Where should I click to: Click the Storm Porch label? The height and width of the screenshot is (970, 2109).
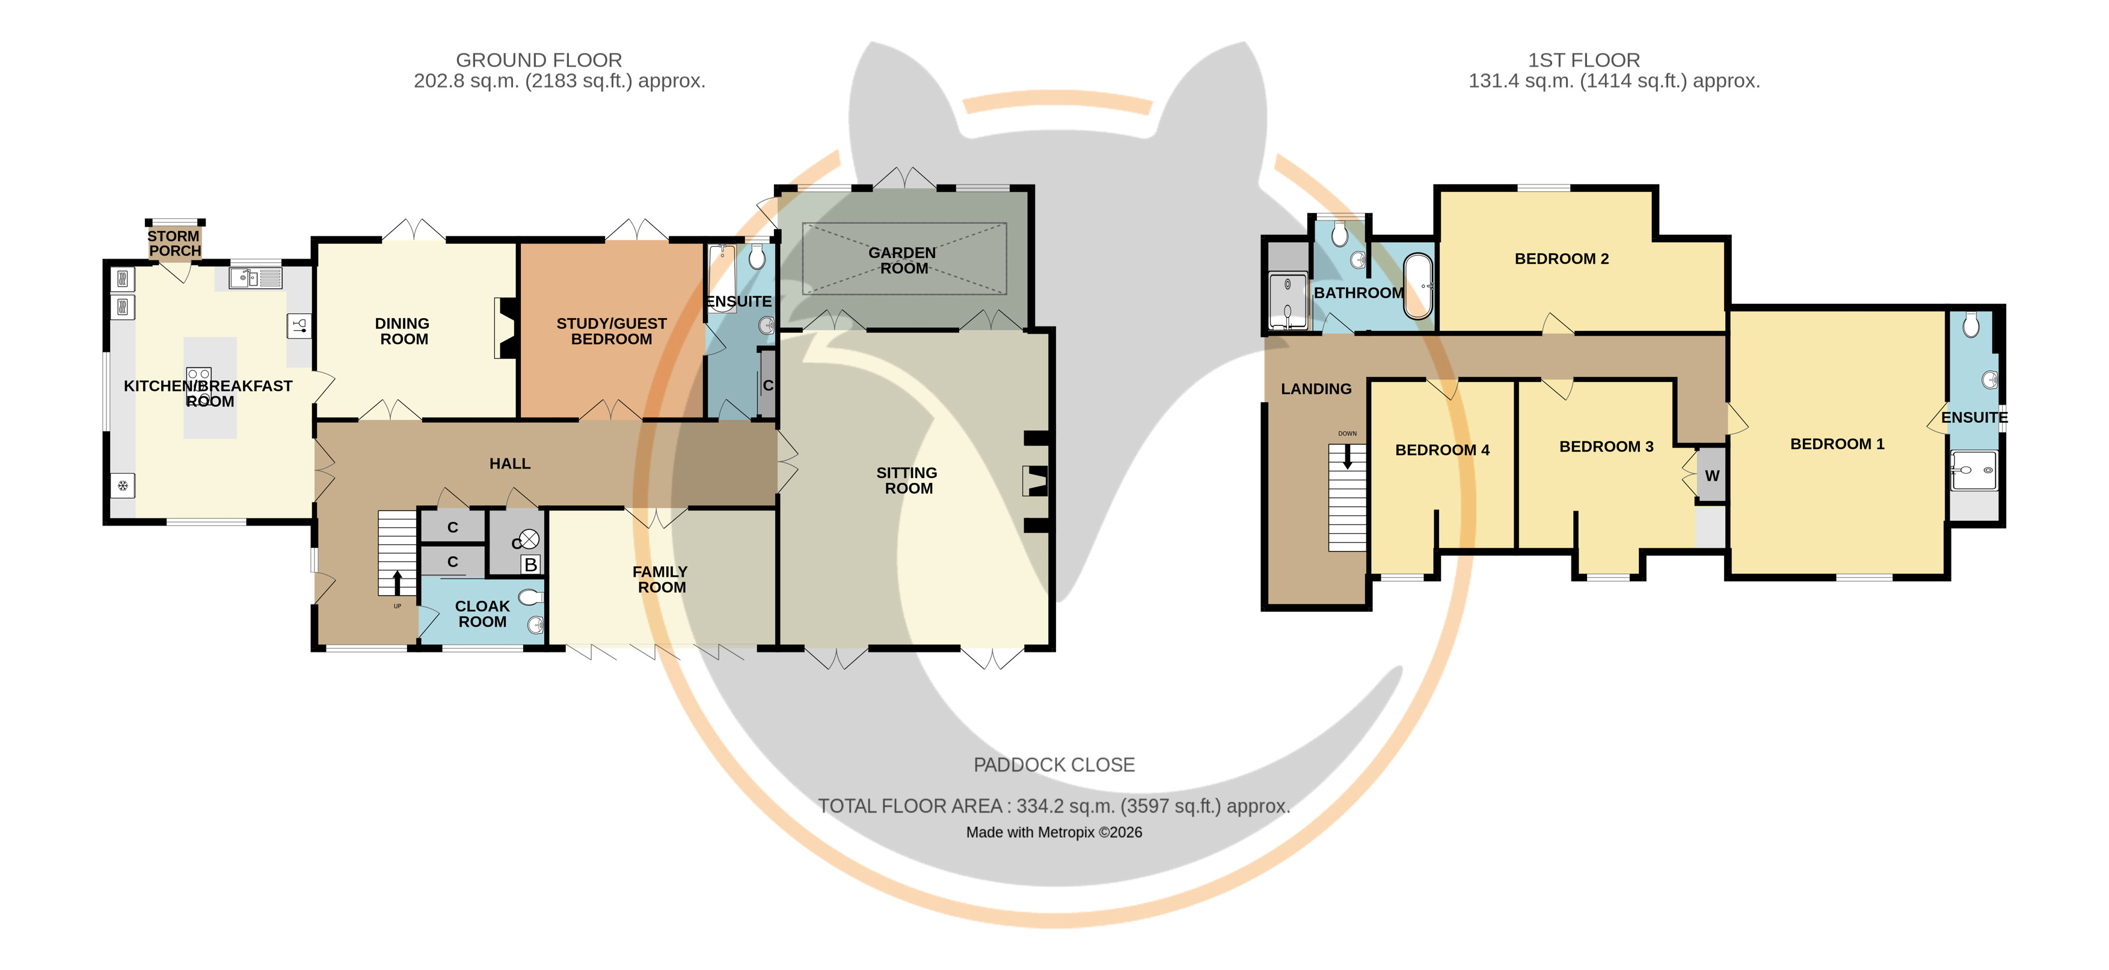coord(174,243)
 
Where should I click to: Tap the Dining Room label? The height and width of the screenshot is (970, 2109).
coord(403,331)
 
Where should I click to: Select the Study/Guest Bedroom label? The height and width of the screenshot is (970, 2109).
coord(612,331)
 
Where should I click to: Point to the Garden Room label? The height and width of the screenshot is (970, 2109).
coord(903,260)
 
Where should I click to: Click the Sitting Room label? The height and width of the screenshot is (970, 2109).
coord(907,480)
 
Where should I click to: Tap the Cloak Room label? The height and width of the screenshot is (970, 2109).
coord(482,614)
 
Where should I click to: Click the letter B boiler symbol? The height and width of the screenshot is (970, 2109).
coord(530,564)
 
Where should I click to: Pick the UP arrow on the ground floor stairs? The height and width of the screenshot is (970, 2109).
coord(397,582)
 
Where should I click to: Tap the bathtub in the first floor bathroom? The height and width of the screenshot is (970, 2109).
coord(1419,286)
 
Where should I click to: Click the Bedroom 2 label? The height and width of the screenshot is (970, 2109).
coord(1561,259)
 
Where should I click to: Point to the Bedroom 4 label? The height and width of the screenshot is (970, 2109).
coord(1441,449)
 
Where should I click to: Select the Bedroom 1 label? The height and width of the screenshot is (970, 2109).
coord(1837,444)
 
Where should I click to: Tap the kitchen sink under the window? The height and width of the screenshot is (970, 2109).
coord(256,278)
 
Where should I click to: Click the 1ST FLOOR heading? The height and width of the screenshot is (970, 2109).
coord(1584,60)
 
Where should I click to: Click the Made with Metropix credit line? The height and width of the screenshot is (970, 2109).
coord(1054,832)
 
